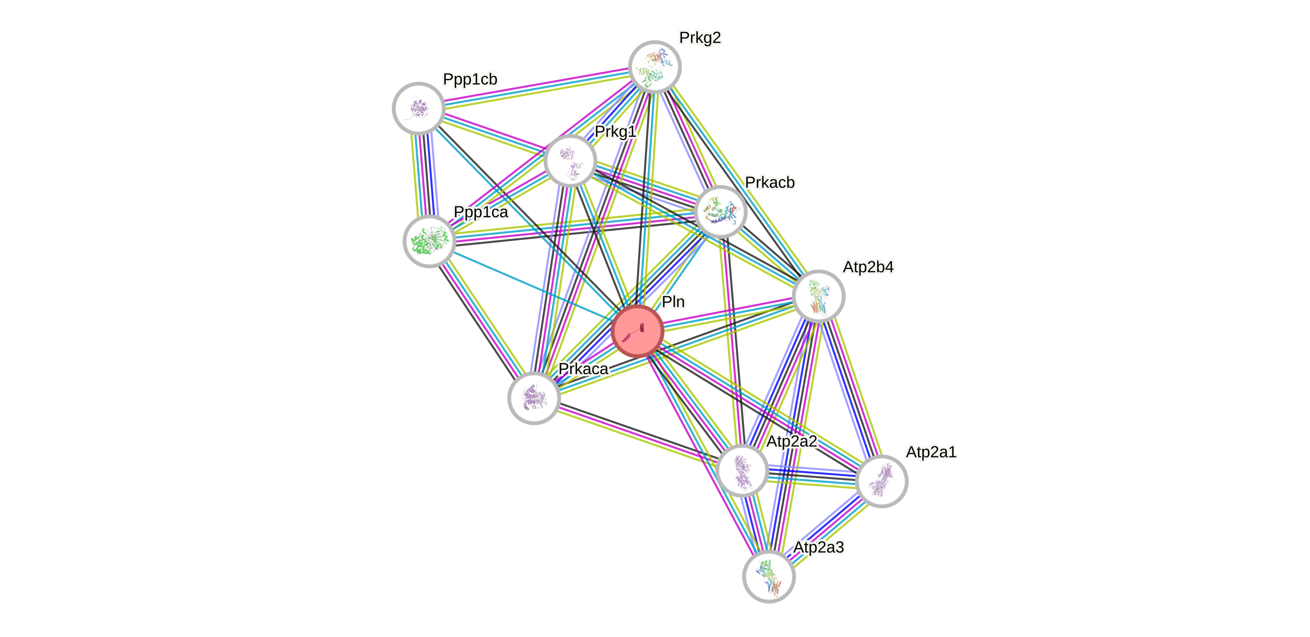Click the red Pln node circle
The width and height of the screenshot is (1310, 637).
pos(637,331)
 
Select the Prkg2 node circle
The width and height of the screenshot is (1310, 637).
pos(654,66)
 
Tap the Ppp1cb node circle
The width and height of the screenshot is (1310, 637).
pos(418,108)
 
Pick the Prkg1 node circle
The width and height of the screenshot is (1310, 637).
pos(570,161)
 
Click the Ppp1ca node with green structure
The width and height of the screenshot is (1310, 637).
pos(429,241)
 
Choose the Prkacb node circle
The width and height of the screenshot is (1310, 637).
pos(720,211)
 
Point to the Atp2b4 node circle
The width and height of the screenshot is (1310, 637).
pos(818,296)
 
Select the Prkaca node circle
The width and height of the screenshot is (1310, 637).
pos(534,398)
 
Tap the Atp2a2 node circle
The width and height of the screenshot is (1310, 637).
pos(742,470)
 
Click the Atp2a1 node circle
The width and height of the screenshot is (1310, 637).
pos(881,481)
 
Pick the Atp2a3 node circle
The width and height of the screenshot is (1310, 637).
pos(769,577)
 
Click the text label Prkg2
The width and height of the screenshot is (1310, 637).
pos(700,37)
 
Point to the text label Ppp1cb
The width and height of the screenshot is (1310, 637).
pos(470,79)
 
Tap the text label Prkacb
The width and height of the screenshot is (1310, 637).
pos(770,182)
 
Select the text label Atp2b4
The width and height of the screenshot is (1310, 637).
pos(868,267)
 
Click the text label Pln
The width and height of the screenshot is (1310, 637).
pos(673,302)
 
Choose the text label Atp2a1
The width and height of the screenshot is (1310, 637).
pos(931,451)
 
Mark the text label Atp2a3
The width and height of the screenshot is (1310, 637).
pos(818,547)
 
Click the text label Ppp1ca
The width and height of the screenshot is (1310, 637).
pos(480,212)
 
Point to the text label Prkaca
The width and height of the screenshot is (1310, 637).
pos(583,369)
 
